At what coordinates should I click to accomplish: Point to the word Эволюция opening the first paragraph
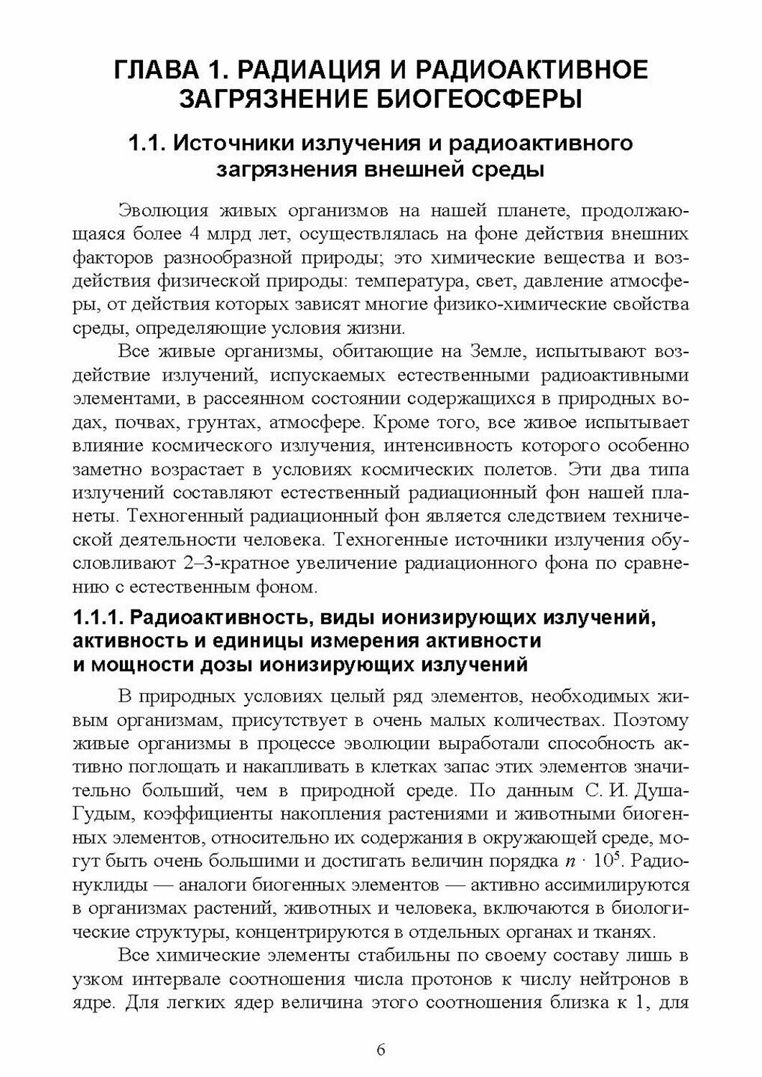(162, 212)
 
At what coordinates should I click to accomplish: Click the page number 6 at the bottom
(381, 1049)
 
